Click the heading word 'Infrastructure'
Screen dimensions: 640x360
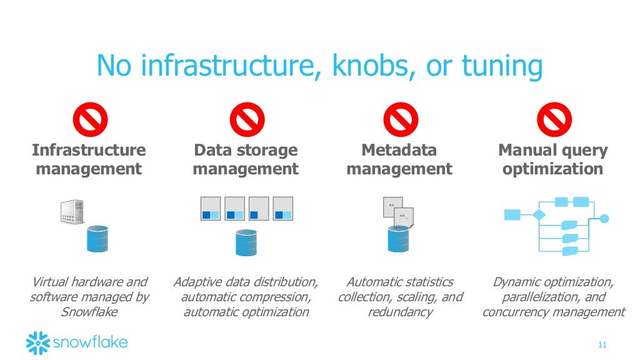(x=88, y=150)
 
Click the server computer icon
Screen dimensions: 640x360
(x=72, y=212)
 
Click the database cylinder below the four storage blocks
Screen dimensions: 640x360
(x=246, y=242)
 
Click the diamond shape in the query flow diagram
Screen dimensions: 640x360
(x=538, y=215)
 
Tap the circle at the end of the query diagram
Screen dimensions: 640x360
(x=604, y=219)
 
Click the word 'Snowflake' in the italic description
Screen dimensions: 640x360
(x=88, y=312)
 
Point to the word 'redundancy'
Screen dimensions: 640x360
(x=400, y=312)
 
